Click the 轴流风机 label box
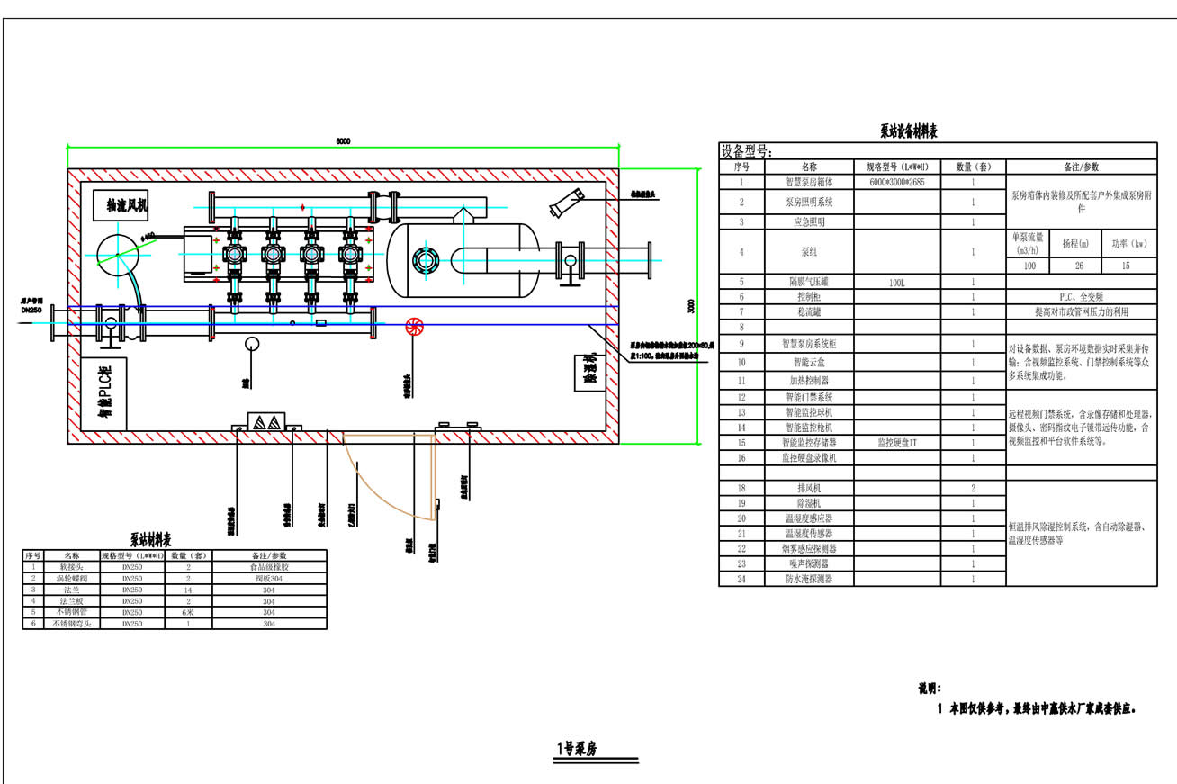click(121, 205)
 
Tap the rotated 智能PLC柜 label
click(104, 393)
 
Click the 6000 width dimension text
click(343, 140)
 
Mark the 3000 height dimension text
click(691, 306)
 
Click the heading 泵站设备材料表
click(909, 132)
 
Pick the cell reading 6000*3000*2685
click(898, 182)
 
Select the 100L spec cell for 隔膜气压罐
click(898, 282)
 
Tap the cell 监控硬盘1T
click(898, 443)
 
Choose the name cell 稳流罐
click(808, 311)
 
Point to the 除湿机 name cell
click(808, 503)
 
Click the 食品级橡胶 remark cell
click(269, 568)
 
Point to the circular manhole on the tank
click(424, 261)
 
